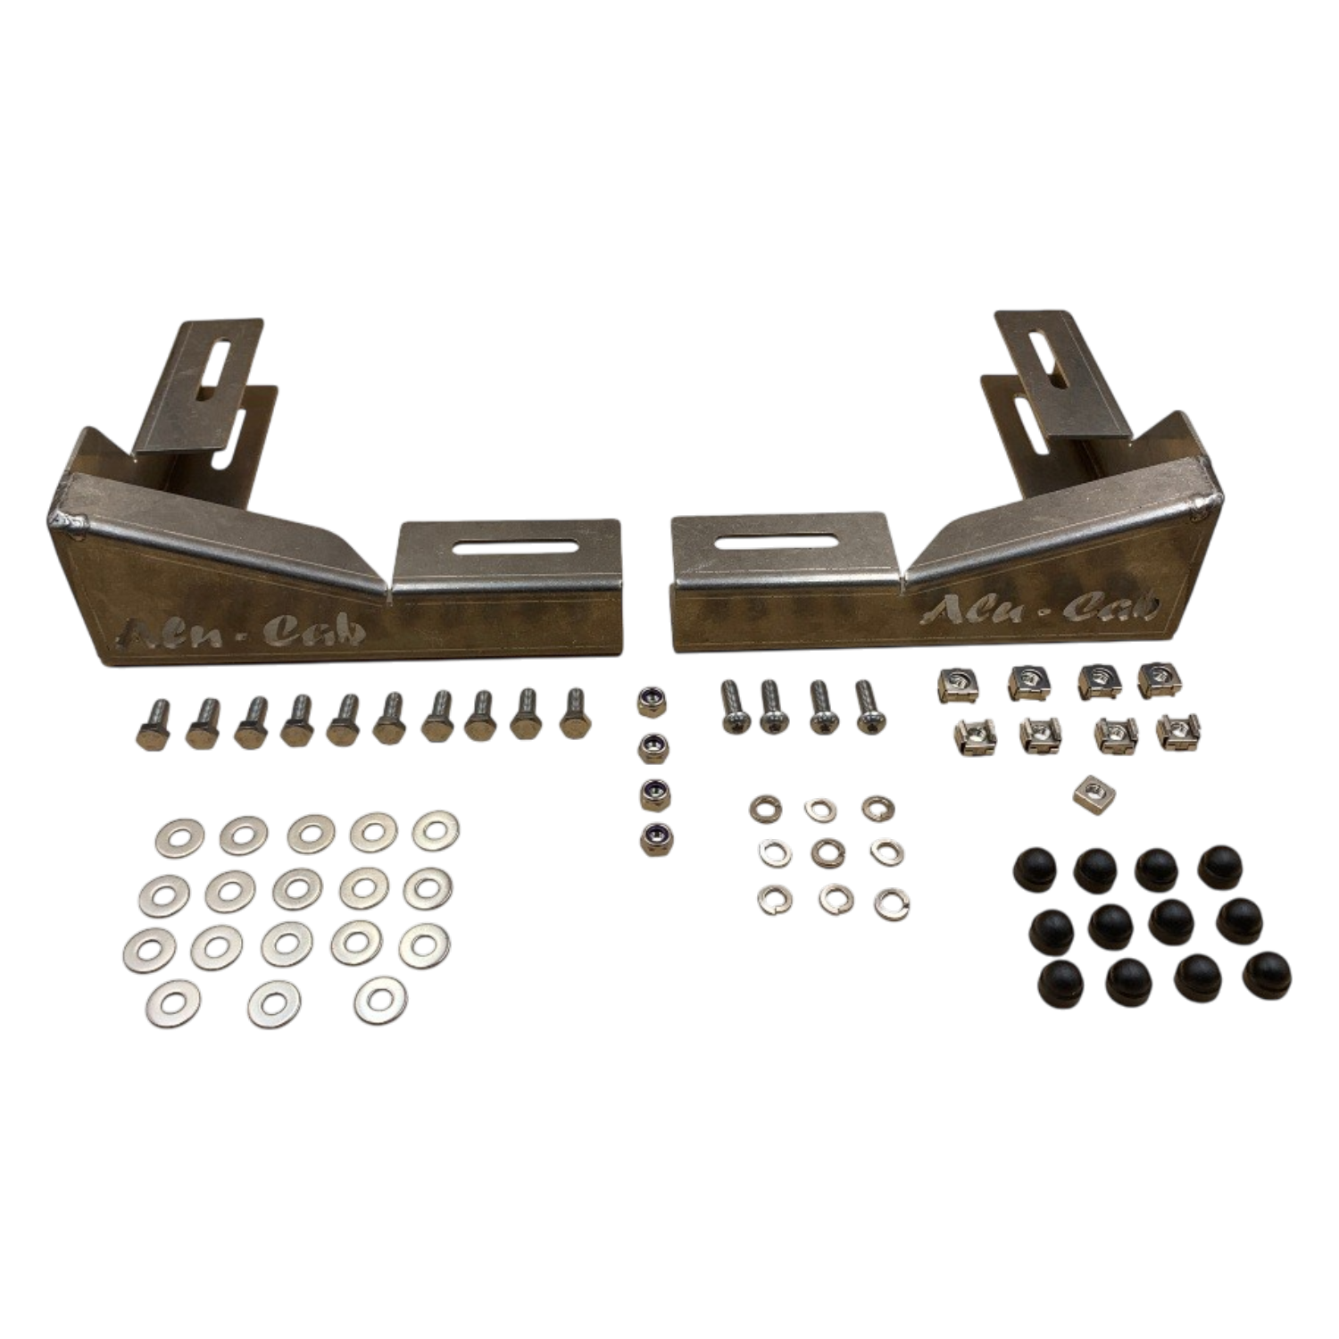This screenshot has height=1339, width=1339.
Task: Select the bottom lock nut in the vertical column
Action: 655,837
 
